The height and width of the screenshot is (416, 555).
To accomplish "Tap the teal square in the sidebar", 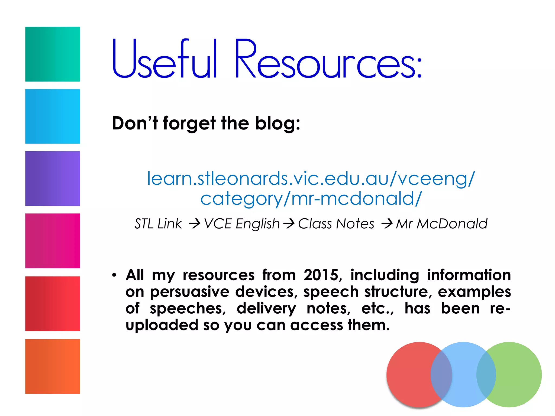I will coord(53,54).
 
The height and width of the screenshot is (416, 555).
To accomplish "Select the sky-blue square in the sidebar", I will coord(53,116).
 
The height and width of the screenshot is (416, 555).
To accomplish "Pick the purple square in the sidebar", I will coord(53,178).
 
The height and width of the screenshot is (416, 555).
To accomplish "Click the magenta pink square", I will coord(53,241).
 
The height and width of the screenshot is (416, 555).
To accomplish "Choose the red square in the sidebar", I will coord(53,304).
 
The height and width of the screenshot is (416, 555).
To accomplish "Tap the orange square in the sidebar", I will coord(53,366).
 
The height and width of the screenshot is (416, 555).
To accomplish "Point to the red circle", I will coord(409,375).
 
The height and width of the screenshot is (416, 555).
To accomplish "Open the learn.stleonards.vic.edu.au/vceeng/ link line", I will coord(311,179).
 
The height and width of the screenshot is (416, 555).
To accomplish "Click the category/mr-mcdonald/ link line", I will coord(311,199).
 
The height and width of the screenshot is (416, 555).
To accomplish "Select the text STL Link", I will coord(158,224).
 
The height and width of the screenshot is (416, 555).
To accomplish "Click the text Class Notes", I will coord(336,224).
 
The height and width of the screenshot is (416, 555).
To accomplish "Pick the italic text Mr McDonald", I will coord(441,224).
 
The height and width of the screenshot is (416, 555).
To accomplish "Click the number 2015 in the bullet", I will coord(321,275).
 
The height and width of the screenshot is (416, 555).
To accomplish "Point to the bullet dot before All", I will coord(114,275).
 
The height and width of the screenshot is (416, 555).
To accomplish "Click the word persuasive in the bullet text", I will coord(190,292).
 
